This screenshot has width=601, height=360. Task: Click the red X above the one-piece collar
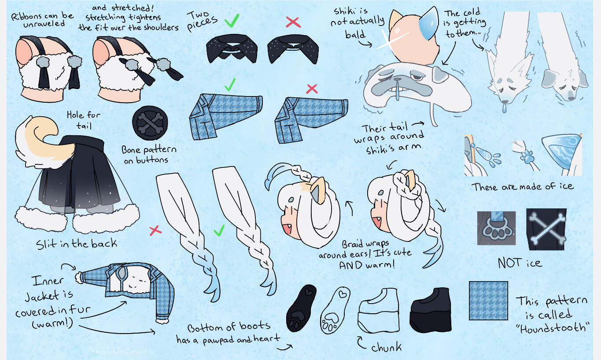tap(293, 22)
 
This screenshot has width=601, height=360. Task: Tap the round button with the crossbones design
tap(150, 123)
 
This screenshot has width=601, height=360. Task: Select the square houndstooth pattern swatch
tap(488, 301)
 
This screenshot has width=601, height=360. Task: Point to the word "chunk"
tap(387, 348)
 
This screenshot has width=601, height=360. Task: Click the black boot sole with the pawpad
tap(301, 308)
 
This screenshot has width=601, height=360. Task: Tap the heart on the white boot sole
tap(343, 294)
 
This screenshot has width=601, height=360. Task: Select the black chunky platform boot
tap(430, 310)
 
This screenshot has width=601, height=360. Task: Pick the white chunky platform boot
tap(378, 310)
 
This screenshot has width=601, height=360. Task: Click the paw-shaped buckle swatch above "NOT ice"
tap(496, 228)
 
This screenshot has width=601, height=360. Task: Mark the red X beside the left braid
tap(155, 230)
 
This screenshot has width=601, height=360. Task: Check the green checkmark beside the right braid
tap(219, 230)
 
